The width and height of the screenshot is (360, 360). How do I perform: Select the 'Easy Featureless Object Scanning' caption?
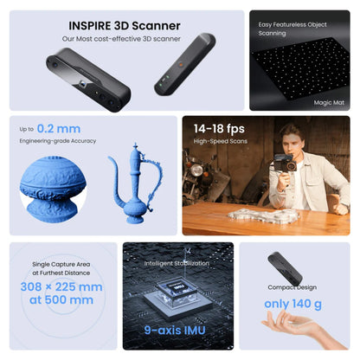pos(288,29)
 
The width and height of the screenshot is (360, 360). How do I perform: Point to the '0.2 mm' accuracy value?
pos(59,128)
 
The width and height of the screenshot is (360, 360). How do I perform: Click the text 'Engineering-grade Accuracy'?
pos(57,140)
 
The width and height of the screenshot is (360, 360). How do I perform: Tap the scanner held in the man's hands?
pos(283,164)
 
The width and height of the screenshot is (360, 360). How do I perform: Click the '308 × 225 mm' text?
pos(61,286)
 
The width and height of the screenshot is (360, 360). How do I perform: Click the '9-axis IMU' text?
pos(178,330)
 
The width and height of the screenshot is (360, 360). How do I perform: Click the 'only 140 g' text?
pos(294,303)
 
